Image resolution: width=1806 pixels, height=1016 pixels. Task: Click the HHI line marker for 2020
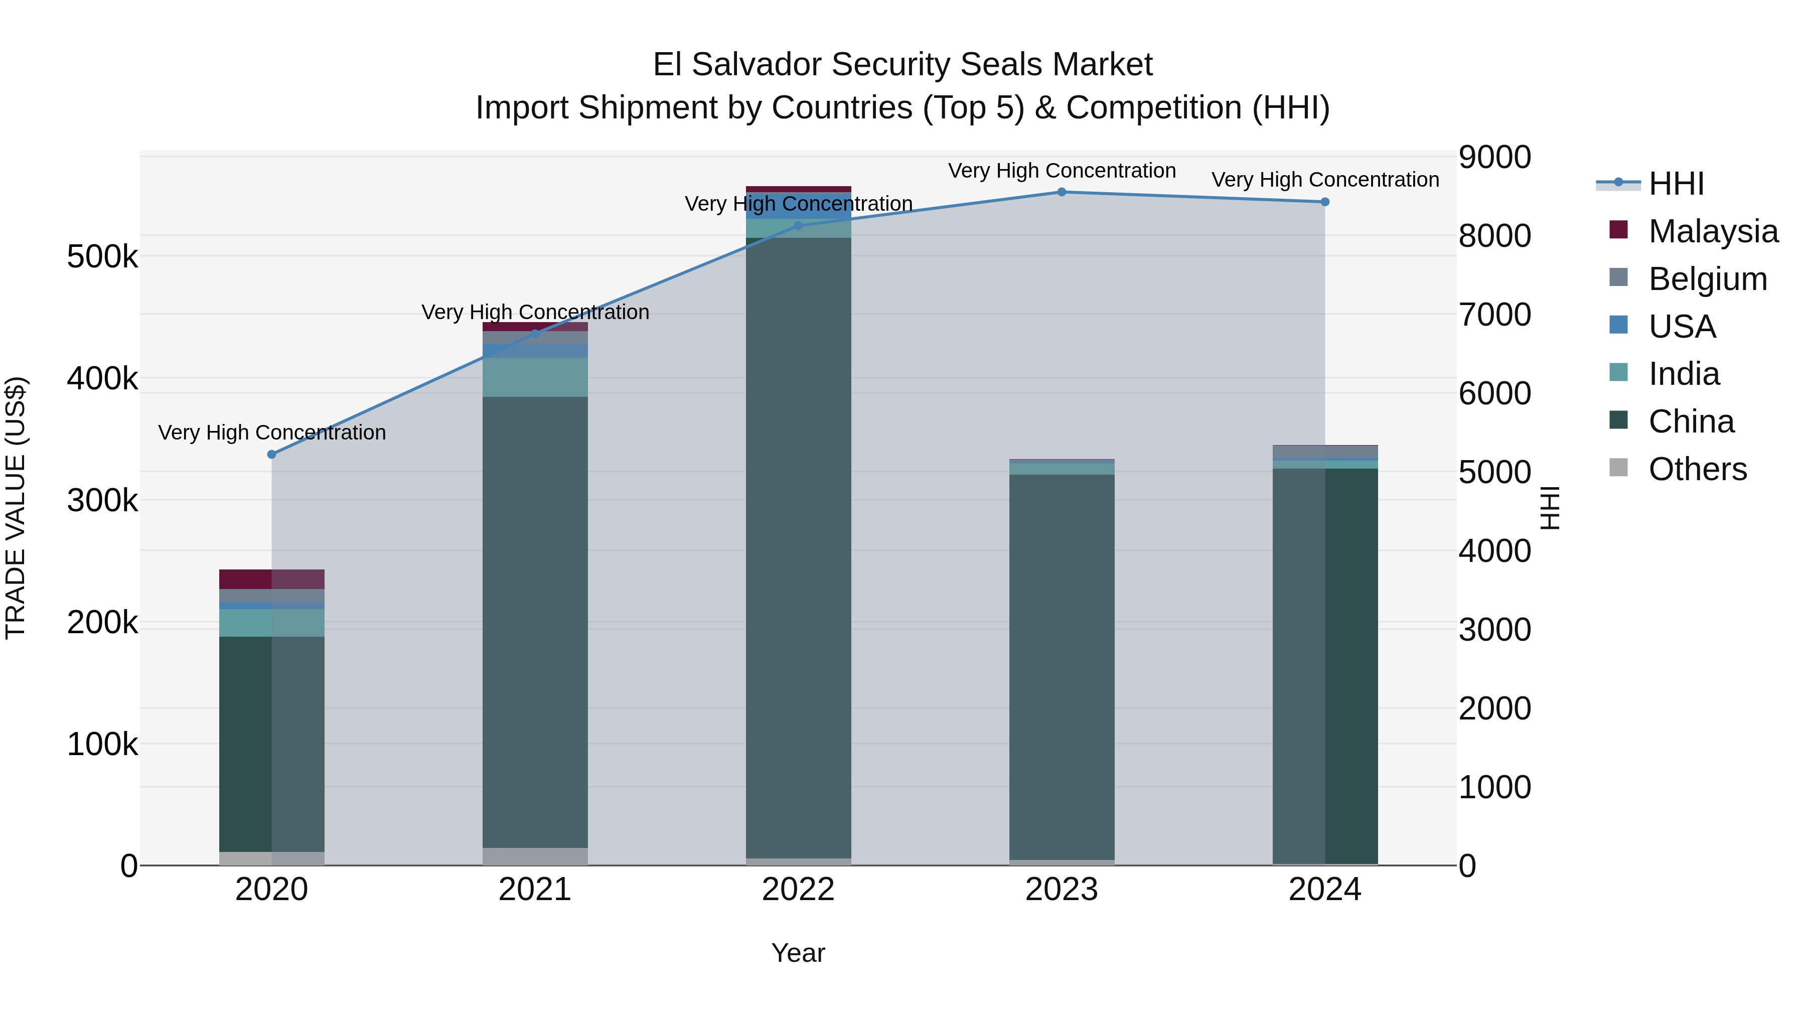(272, 455)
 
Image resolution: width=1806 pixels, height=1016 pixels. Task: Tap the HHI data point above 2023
(1062, 192)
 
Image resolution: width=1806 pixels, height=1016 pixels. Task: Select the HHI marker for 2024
(1325, 202)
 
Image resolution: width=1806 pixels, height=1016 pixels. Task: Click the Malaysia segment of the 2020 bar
(272, 579)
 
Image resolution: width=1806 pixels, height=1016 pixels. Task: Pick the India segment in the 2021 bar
(535, 377)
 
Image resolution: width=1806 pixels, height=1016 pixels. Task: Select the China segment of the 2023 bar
(1062, 666)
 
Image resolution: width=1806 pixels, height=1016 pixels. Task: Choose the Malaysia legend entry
(1713, 231)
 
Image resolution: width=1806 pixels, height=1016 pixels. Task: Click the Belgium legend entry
(1707, 279)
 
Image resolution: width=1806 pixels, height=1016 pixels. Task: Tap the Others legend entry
(1697, 469)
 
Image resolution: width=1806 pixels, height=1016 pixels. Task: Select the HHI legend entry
(1676, 184)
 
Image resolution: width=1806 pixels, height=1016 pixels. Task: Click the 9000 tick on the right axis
(1495, 157)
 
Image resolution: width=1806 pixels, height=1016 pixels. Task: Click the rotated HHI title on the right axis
(1551, 508)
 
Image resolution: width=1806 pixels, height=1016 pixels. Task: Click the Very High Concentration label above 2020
(272, 432)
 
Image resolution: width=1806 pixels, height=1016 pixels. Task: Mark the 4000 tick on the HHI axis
(1495, 551)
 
